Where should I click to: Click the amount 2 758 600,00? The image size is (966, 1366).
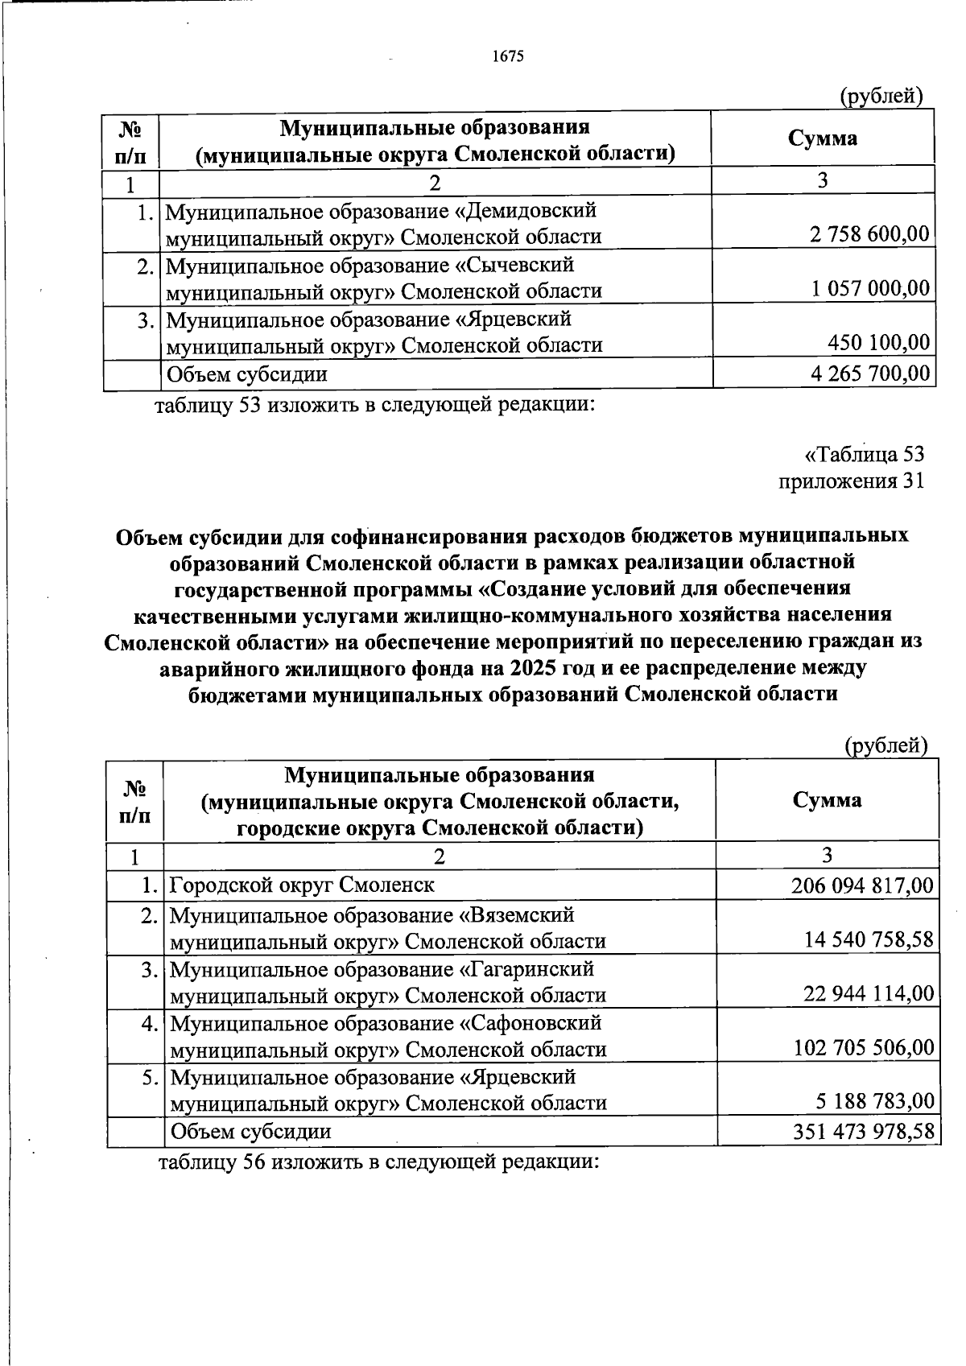tap(869, 235)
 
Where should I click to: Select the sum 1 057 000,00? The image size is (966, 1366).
tap(871, 289)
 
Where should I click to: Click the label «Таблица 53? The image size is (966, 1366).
tap(865, 455)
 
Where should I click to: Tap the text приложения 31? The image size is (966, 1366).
tap(851, 481)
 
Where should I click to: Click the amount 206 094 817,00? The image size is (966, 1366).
tap(863, 887)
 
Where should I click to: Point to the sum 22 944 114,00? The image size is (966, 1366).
tap(869, 995)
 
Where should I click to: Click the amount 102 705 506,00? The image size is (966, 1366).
tap(864, 1049)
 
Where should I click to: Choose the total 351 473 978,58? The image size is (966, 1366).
tap(863, 1132)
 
